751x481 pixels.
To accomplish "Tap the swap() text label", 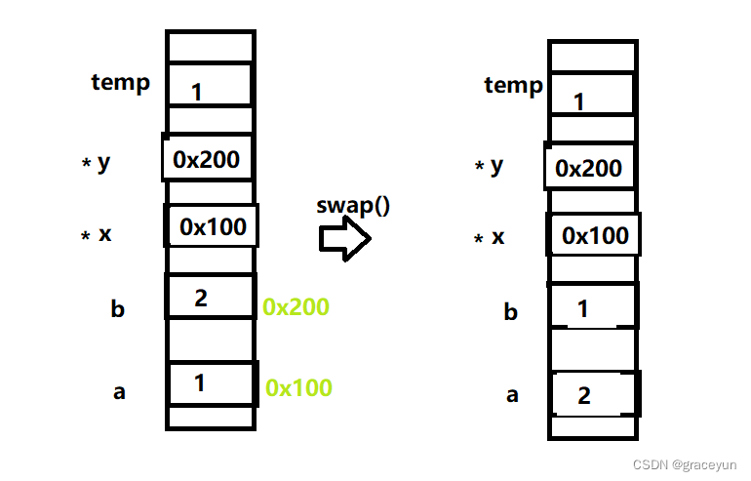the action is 353,206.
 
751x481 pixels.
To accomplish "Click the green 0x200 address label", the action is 296,306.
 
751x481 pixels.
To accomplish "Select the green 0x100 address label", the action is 298,387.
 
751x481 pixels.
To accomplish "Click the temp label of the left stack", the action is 121,81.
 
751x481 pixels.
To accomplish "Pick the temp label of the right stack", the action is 513,85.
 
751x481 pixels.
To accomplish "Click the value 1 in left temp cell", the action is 197,93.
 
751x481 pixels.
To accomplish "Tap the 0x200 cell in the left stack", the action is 207,158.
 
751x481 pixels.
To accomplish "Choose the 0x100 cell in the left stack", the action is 213,227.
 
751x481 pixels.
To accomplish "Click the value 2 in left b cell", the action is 201,298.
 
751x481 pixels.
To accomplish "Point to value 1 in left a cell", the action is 200,382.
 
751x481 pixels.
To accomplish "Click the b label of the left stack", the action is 118,310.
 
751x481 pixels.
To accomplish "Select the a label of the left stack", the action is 120,392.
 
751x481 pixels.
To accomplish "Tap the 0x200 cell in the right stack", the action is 588,168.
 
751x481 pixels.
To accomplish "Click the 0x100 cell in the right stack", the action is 595,235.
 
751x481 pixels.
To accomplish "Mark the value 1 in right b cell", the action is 583,309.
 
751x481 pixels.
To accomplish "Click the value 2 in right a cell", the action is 584,395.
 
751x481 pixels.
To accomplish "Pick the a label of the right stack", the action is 512,395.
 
